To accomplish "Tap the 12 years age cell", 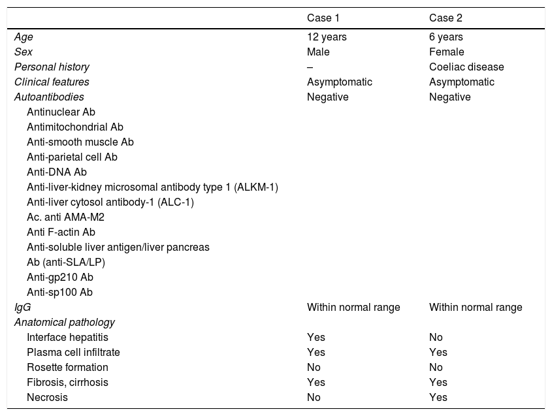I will (327, 37).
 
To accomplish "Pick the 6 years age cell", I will (446, 37).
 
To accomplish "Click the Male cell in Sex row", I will (318, 52).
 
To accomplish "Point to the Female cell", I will (446, 52).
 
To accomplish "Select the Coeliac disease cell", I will (466, 67).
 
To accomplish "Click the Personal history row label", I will (52, 67).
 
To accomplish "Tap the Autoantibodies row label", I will (49, 97).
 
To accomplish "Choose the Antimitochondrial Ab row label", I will (75, 127).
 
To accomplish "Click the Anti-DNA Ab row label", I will (57, 172).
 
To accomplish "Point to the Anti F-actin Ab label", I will (61, 232).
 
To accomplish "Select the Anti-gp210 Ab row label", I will (60, 278).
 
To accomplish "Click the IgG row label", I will (22, 308).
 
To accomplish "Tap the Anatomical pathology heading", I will (65, 323).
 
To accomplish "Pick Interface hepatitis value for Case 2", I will (436, 338).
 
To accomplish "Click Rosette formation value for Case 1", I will (313, 368).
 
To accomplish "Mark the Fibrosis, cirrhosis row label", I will (67, 383).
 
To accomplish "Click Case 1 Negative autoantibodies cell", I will (327, 97).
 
